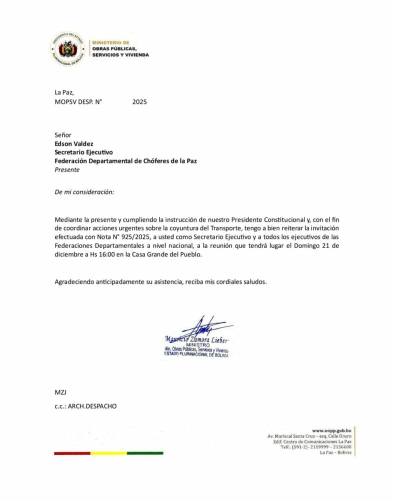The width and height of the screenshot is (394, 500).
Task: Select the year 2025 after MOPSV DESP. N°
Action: click(x=139, y=101)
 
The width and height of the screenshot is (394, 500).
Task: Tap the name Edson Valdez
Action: click(x=74, y=144)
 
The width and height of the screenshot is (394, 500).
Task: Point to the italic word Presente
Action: click(x=67, y=169)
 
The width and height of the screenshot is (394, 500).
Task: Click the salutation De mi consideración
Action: click(x=84, y=192)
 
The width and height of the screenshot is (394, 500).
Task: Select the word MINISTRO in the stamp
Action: click(x=195, y=344)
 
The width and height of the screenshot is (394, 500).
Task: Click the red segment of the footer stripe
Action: click(x=72, y=453)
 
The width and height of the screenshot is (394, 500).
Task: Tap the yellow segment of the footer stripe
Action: click(x=108, y=453)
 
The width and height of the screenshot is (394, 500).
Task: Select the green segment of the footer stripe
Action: click(x=145, y=453)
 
